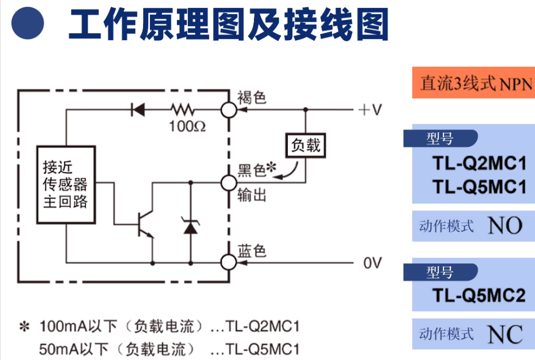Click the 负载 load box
tap(305, 145)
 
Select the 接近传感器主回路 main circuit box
tap(66, 185)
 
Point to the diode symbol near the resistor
tap(137, 109)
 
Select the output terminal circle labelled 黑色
tap(228, 183)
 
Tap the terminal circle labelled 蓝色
tap(228, 262)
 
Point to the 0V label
tap(373, 263)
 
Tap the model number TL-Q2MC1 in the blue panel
tap(480, 163)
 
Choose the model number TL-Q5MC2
tap(480, 294)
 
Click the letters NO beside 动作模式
tap(504, 226)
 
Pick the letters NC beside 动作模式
tap(504, 334)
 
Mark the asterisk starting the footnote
tap(24, 327)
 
